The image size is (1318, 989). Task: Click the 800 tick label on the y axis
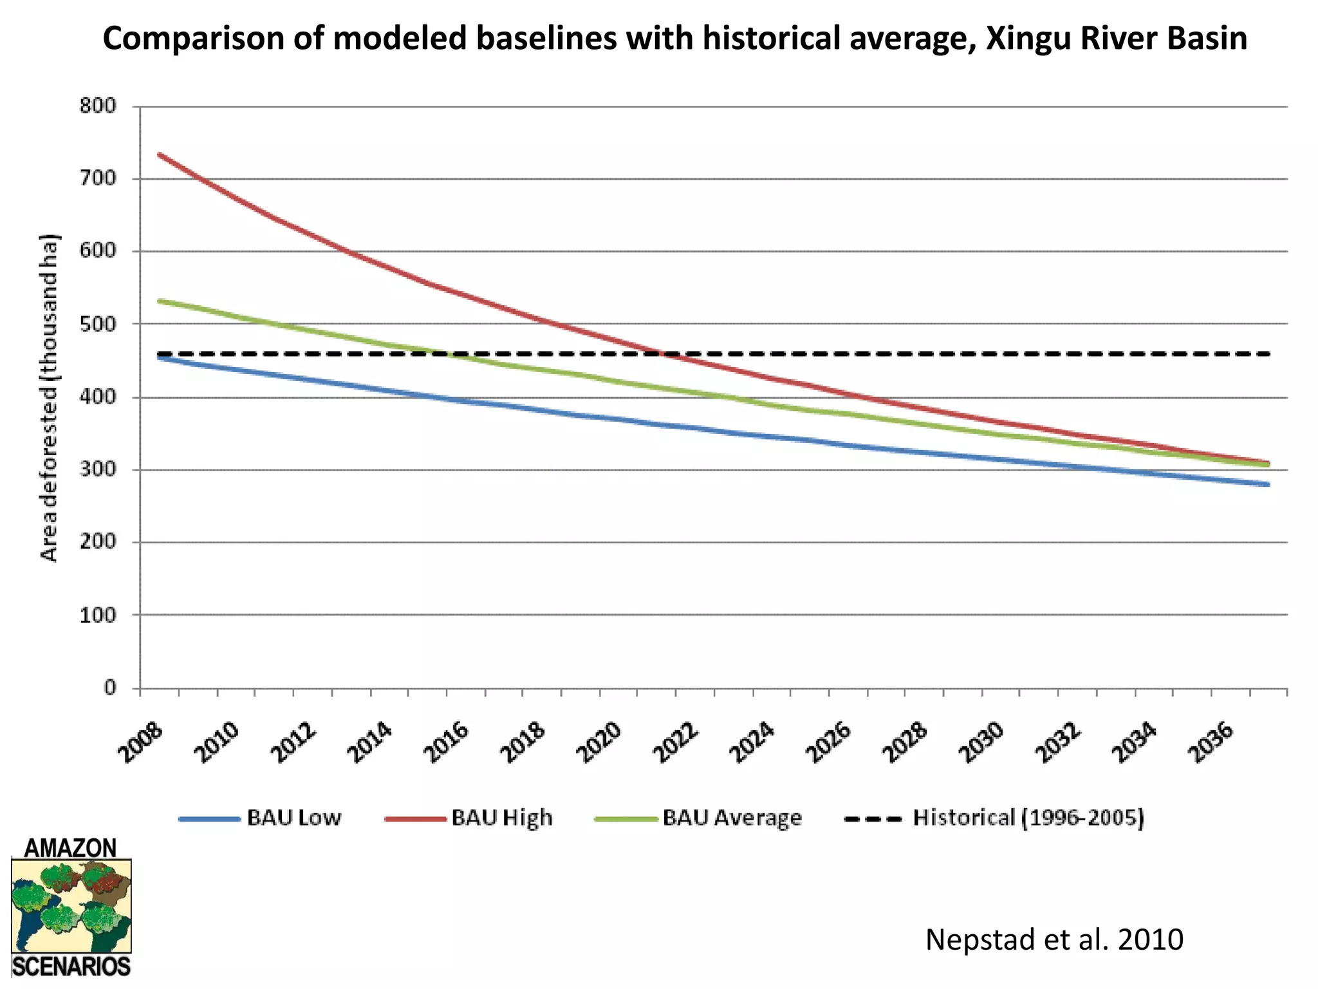98,106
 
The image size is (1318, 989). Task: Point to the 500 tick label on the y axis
98,324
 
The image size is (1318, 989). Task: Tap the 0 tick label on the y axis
110,688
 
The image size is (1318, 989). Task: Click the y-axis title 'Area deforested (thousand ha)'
50,397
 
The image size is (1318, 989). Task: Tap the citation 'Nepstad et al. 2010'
1054,939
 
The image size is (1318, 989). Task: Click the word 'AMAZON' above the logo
71,848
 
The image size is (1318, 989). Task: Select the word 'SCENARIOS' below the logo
71,966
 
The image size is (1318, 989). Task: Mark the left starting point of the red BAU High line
159,155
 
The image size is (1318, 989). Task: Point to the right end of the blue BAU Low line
1268,484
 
